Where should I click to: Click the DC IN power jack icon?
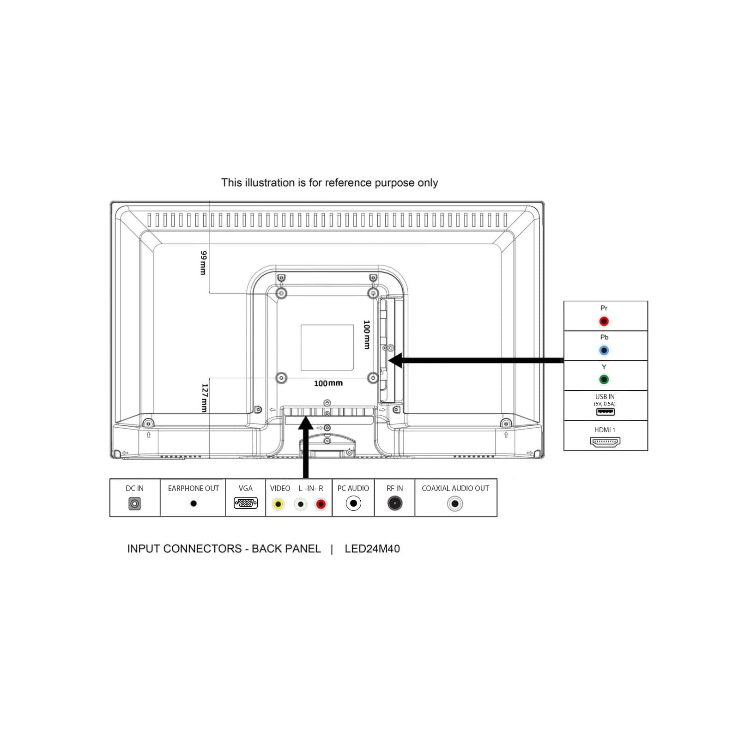(x=134, y=503)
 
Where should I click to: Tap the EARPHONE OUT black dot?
(x=194, y=503)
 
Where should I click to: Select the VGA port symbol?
(x=246, y=503)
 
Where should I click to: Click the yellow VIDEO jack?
(x=278, y=504)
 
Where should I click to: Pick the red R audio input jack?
(x=321, y=504)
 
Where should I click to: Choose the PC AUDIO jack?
(x=353, y=503)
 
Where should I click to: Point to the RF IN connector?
(x=395, y=503)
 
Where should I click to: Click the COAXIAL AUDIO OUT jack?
(x=455, y=503)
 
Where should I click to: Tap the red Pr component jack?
(x=604, y=321)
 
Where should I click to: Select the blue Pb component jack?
(x=604, y=351)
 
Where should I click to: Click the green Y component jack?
(x=604, y=380)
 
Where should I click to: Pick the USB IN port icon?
(x=605, y=412)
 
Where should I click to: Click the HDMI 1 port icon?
(x=605, y=442)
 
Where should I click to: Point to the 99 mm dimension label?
(x=203, y=263)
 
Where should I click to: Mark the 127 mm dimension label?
(x=205, y=398)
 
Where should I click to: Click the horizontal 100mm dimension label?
(x=328, y=383)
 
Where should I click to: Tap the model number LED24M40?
(x=372, y=549)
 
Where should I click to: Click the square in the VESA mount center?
(x=327, y=347)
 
